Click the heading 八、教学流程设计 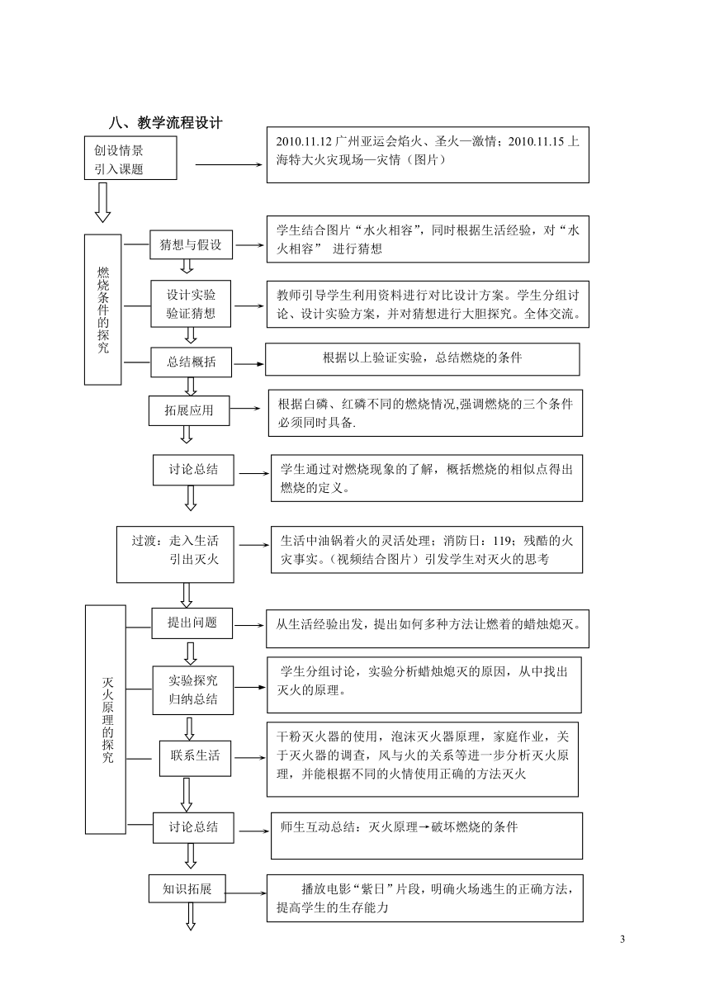[165, 122]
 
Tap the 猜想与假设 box [191, 244]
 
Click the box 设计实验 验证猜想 [191, 304]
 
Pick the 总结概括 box [191, 362]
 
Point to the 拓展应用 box [189, 410]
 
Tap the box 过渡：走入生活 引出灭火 [175, 555]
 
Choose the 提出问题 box [192, 623]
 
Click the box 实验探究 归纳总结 [192, 690]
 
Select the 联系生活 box [195, 759]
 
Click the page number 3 [622, 940]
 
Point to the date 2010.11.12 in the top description [304, 142]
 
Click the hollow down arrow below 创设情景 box [102, 202]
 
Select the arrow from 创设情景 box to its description [229, 165]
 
